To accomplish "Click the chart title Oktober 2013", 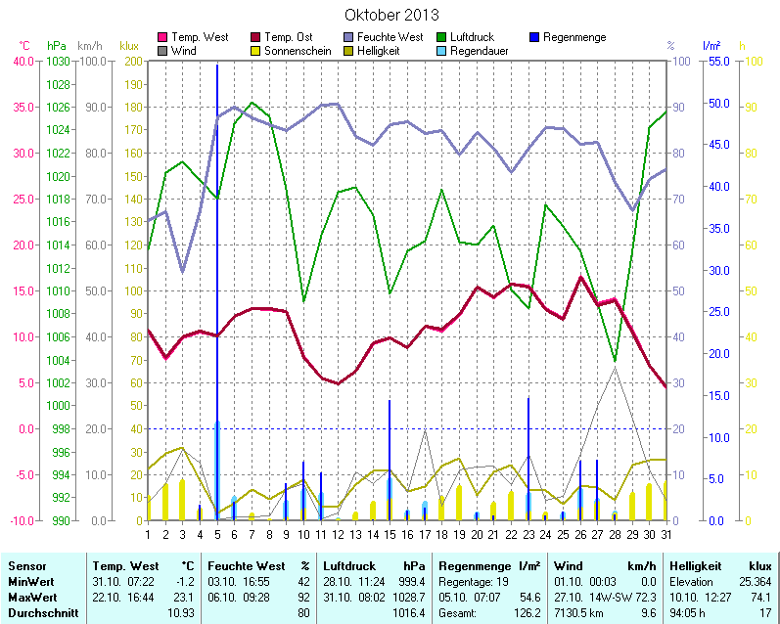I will [391, 16].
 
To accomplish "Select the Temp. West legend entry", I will [200, 37].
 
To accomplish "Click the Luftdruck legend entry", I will [478, 37].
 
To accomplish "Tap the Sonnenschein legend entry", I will [298, 50].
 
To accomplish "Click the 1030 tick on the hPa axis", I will [58, 61].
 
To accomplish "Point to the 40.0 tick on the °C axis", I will [23, 61].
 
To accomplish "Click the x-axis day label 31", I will [666, 534].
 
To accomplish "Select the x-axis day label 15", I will [390, 534].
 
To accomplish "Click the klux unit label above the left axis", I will [128, 46].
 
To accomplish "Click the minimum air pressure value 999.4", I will [414, 582].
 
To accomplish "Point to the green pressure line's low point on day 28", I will [615, 361].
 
